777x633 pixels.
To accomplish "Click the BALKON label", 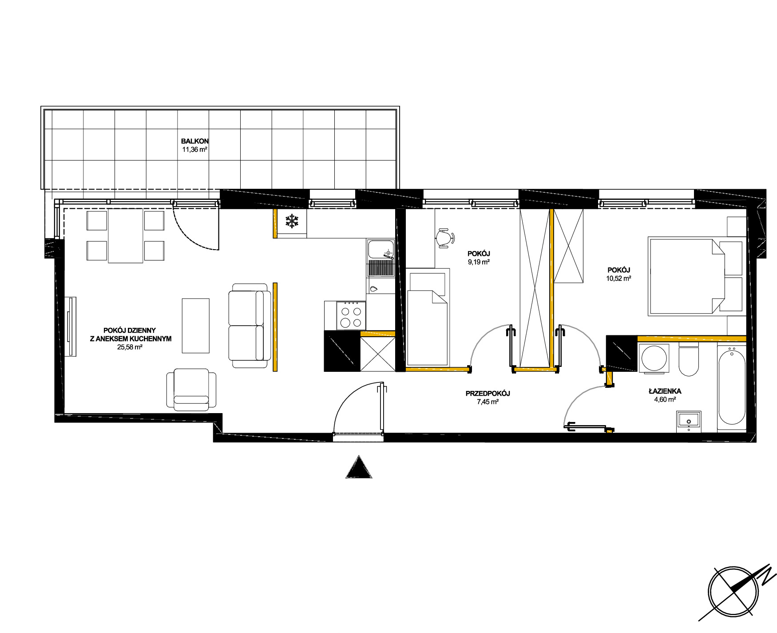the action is [x=194, y=141].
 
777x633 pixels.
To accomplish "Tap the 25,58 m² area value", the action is [x=130, y=348].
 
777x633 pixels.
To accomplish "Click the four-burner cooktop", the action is [x=351, y=315].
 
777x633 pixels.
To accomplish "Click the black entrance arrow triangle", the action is [x=359, y=467].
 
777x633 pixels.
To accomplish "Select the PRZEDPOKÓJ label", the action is [x=488, y=393].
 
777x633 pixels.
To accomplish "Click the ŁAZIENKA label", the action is [x=665, y=391].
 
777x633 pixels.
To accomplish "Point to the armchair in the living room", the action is [x=191, y=390].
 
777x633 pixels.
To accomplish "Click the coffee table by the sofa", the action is [x=195, y=326].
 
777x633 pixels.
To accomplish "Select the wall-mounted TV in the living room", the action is [x=71, y=326].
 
